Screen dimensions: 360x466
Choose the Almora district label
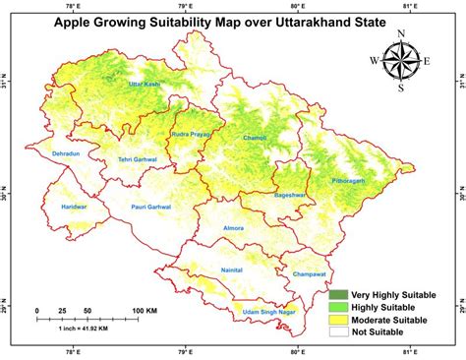pos(233,228)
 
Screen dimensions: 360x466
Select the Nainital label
pos(231,268)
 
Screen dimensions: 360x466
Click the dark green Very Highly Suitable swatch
pos(339,294)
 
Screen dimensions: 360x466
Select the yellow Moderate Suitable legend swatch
pos(339,321)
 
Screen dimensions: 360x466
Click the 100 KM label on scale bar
pos(145,310)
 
